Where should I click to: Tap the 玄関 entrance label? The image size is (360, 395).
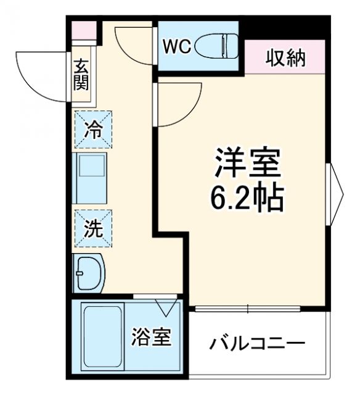pos(81,75)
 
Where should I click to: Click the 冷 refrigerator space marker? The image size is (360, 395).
pos(94,130)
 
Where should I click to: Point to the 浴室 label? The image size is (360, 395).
pos(150,338)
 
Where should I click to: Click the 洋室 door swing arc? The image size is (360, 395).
pos(179,105)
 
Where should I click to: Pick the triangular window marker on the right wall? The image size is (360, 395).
pos(337,195)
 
